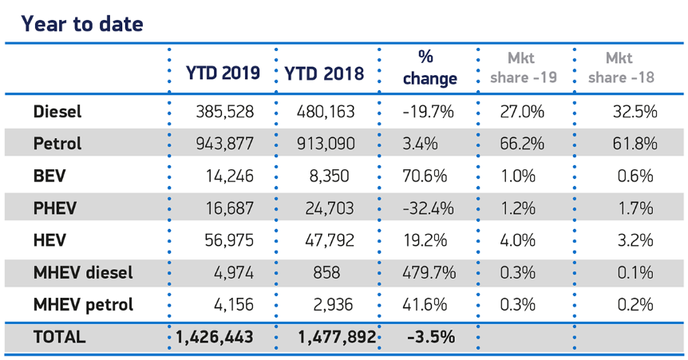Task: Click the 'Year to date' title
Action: [82, 24]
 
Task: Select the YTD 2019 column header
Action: [223, 73]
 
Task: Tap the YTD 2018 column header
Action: [324, 73]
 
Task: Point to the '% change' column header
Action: [430, 68]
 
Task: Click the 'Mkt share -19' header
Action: [524, 68]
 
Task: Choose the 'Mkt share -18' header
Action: [621, 68]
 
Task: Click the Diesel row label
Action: [57, 112]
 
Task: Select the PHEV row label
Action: [55, 208]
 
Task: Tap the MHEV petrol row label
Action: [83, 305]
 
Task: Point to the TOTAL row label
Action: [59, 337]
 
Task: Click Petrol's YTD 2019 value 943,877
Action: [224, 144]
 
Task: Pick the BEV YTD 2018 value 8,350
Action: [329, 176]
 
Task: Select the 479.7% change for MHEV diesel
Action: [429, 272]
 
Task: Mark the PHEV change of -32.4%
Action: [429, 208]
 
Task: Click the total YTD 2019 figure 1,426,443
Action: [215, 337]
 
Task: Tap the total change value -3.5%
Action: [431, 337]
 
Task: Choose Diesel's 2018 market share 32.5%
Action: [635, 112]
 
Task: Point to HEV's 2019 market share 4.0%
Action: [518, 240]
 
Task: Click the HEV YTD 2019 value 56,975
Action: [229, 240]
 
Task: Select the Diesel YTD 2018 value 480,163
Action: [326, 112]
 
